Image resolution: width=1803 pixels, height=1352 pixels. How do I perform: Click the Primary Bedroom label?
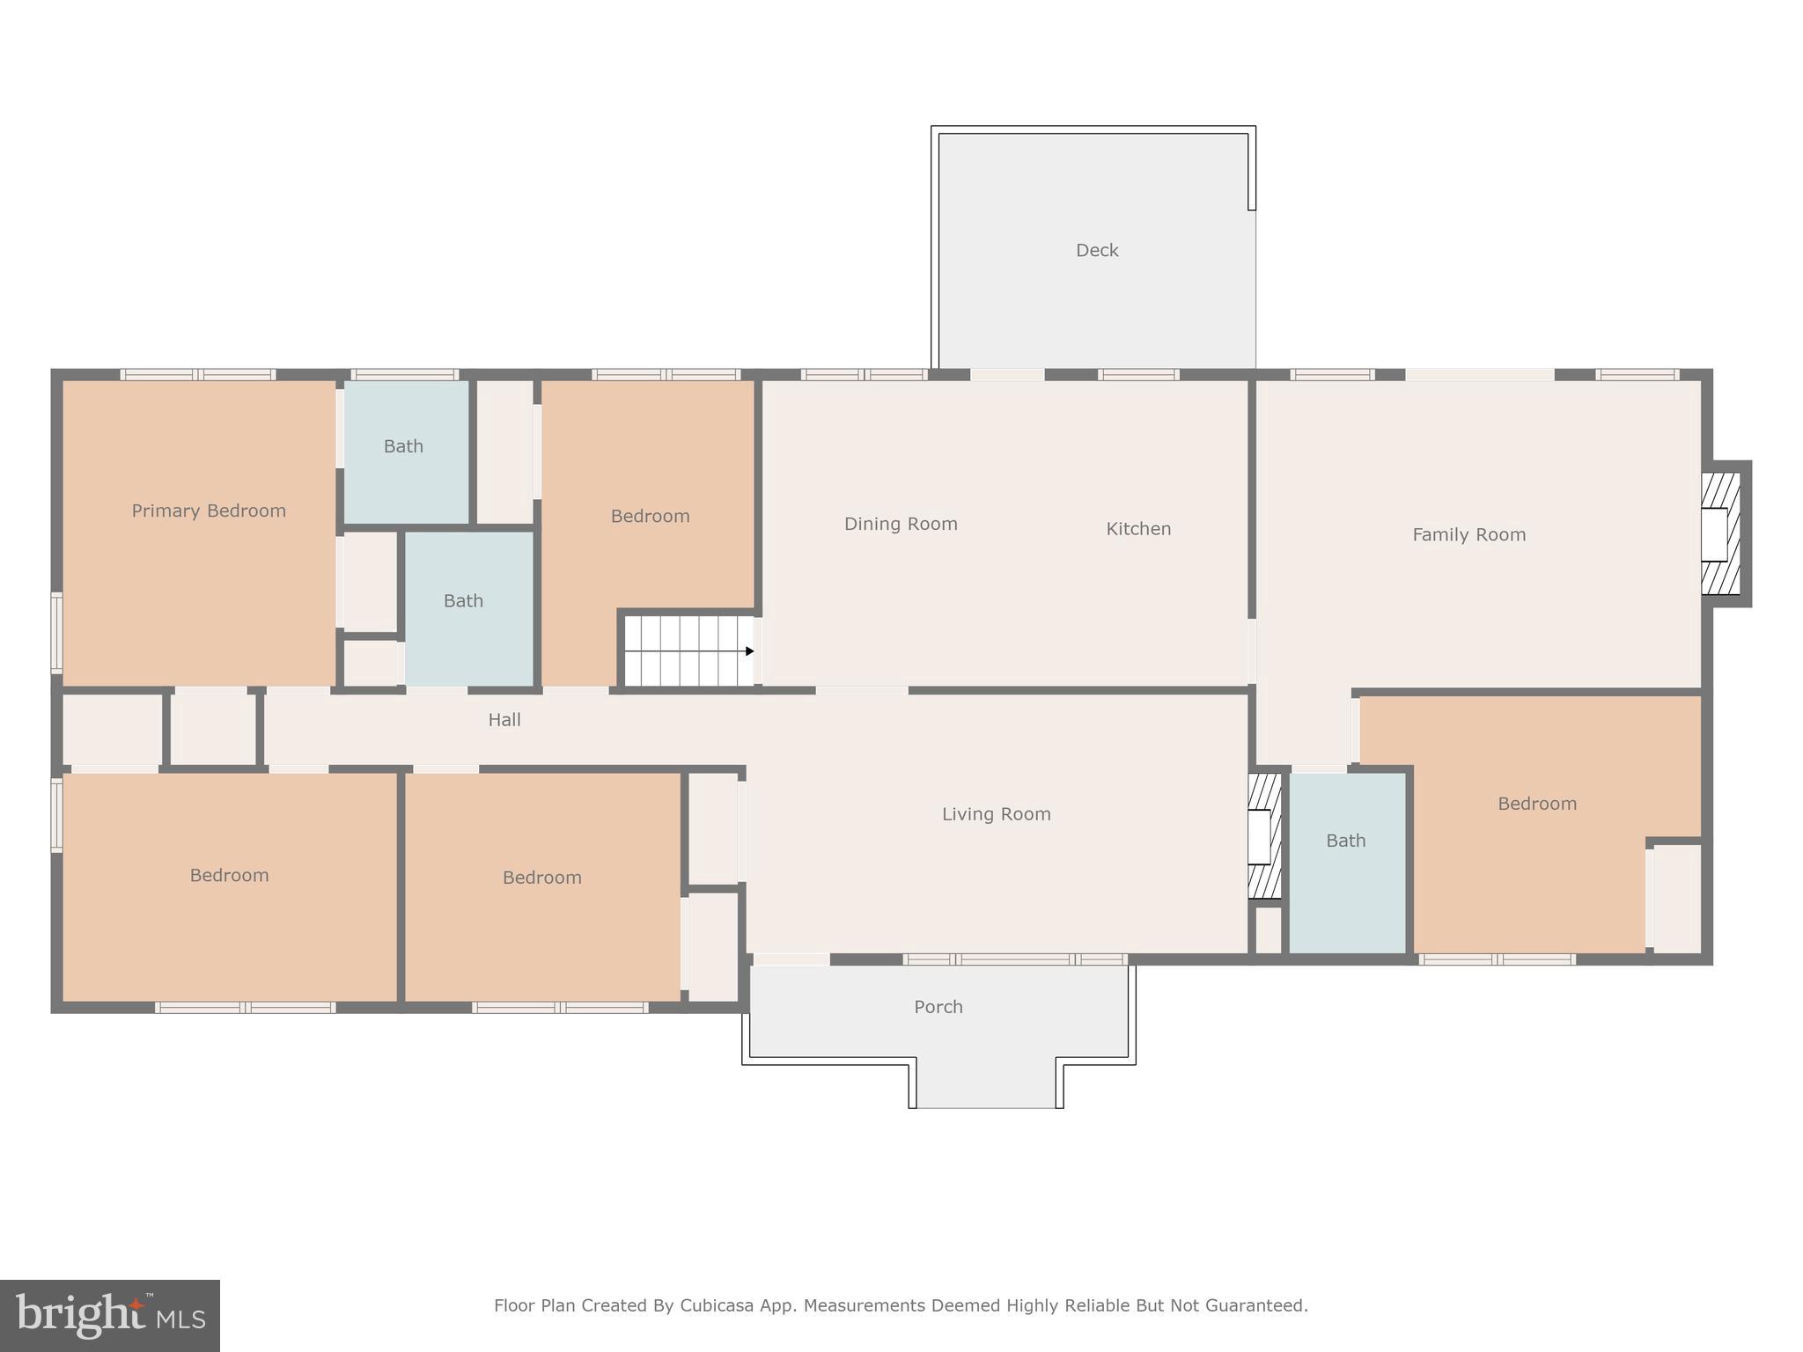pyautogui.click(x=209, y=511)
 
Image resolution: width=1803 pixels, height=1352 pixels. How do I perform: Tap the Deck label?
pyautogui.click(x=1097, y=251)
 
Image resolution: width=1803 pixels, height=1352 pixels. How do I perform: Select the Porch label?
pyautogui.click(x=938, y=1007)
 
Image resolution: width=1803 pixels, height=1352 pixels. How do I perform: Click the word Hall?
pyautogui.click(x=504, y=720)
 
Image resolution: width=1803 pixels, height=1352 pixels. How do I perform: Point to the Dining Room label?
pyautogui.click(x=901, y=524)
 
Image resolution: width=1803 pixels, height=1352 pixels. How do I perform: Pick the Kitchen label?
pyautogui.click(x=1138, y=529)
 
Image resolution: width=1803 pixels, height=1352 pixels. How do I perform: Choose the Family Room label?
pyautogui.click(x=1468, y=534)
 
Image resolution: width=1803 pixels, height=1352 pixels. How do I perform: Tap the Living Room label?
pyautogui.click(x=996, y=814)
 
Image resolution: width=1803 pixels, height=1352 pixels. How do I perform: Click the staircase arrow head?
pyautogui.click(x=749, y=651)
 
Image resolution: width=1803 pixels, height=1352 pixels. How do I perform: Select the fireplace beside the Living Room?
pyautogui.click(x=1263, y=835)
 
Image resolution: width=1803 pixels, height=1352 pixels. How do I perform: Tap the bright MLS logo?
pyautogui.click(x=110, y=1315)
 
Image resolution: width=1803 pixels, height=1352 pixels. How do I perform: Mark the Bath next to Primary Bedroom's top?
pyautogui.click(x=403, y=446)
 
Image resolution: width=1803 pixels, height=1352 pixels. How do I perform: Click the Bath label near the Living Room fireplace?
pyautogui.click(x=1345, y=841)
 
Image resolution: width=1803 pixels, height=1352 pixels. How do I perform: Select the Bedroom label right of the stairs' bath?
pyautogui.click(x=650, y=516)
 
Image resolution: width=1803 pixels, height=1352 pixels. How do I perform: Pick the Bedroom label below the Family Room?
pyautogui.click(x=1536, y=804)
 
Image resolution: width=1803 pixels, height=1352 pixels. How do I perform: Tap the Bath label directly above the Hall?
pyautogui.click(x=463, y=601)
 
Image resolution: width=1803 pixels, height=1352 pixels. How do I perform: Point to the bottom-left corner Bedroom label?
pyautogui.click(x=229, y=875)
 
